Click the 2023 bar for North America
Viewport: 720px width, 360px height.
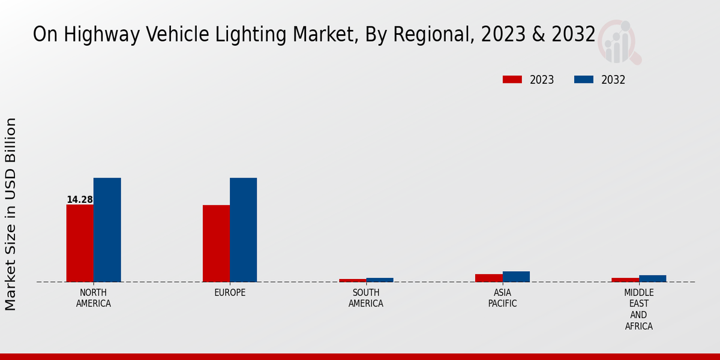pos(80,243)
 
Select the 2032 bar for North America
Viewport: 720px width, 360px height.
pos(107,230)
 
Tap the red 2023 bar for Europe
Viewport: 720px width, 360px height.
pos(216,243)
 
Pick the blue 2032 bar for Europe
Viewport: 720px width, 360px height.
pos(243,230)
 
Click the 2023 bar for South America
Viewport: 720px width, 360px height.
pos(352,280)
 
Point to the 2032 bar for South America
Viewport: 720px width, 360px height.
pos(380,280)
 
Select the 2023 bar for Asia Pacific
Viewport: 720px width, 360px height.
pos(488,278)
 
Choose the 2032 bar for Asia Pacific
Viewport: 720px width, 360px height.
pos(516,277)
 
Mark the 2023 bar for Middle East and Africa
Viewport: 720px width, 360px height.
pos(625,280)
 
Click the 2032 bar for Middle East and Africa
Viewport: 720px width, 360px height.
pos(652,278)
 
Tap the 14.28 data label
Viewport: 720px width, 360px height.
pos(79,200)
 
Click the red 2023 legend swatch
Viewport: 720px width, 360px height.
pos(512,80)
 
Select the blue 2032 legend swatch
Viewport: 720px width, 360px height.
pos(584,80)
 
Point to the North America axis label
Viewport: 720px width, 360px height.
pos(94,298)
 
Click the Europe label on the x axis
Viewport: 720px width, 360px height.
pos(230,293)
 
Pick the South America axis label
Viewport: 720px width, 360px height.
pos(366,298)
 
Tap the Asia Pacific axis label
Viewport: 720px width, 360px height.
pos(503,298)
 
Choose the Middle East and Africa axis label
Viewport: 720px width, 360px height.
pos(639,310)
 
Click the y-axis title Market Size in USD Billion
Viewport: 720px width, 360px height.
pos(11,214)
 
